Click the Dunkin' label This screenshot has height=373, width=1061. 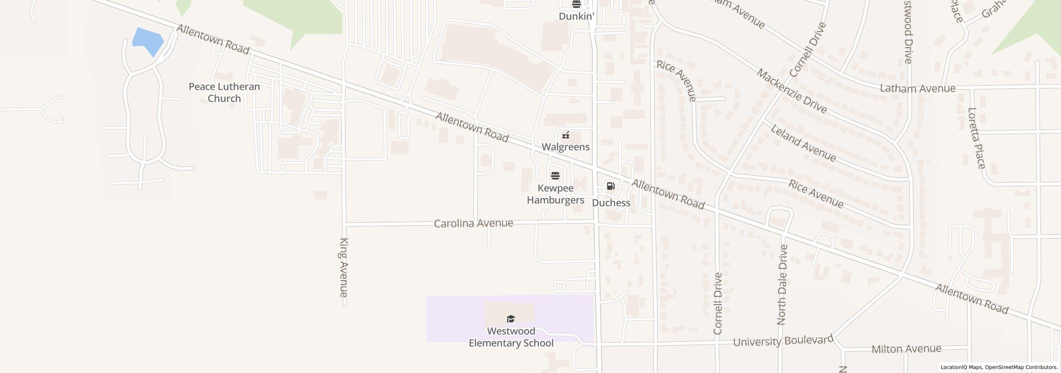(576, 16)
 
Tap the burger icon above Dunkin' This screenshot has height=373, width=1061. (576, 5)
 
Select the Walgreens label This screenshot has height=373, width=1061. (566, 147)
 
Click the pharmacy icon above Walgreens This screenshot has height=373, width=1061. (566, 135)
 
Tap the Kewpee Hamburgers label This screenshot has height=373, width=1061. (555, 194)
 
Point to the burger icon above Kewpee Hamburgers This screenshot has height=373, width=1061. (555, 176)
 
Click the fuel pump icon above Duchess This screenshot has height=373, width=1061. (610, 186)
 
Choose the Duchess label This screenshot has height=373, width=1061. (611, 203)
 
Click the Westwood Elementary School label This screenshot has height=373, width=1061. (511, 337)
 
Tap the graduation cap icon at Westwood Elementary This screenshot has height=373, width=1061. (511, 319)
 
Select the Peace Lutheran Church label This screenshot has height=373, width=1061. (224, 92)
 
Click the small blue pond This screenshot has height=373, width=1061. (147, 41)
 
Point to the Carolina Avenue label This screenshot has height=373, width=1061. (473, 223)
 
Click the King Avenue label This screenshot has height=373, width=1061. (344, 267)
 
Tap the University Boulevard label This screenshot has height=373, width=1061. (783, 341)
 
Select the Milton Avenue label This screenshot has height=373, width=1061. (906, 349)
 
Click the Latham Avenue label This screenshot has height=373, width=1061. (918, 88)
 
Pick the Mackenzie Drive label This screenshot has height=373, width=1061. (792, 91)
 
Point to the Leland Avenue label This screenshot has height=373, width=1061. (803, 143)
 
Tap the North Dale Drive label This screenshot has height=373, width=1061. (782, 285)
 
